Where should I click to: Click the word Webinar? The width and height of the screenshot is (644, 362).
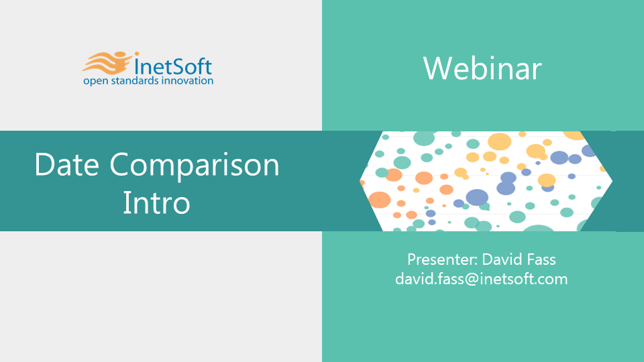(482, 68)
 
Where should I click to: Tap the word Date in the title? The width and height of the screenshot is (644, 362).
(67, 165)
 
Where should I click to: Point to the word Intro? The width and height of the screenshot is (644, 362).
(156, 202)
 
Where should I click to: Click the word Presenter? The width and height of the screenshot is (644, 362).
(442, 259)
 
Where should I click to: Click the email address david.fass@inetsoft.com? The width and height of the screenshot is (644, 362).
(482, 279)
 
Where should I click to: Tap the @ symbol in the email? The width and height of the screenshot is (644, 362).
(472, 280)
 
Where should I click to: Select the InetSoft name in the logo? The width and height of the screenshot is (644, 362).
(173, 67)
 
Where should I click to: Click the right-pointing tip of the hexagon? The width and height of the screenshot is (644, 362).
(612, 181)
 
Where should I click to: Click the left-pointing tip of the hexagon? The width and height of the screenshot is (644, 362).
(360, 181)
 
